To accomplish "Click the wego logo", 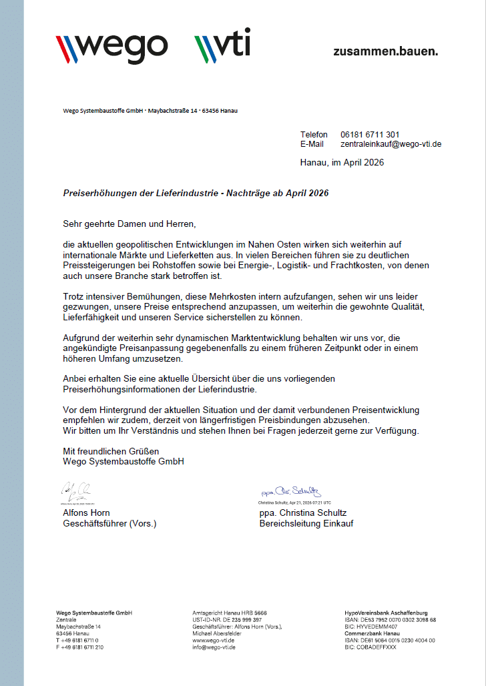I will (111, 45).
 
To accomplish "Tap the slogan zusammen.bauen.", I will (385, 51).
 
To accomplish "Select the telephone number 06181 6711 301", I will (370, 134).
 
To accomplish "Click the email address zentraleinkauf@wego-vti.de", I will (391, 143).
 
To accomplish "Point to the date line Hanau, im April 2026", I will (342, 162).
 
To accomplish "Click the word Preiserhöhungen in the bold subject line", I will (97, 194).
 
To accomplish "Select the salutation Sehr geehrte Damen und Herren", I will (130, 224).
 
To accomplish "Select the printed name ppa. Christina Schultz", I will (303, 512).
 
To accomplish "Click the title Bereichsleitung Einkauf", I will (306, 523).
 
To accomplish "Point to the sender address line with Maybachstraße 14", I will (146, 111).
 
